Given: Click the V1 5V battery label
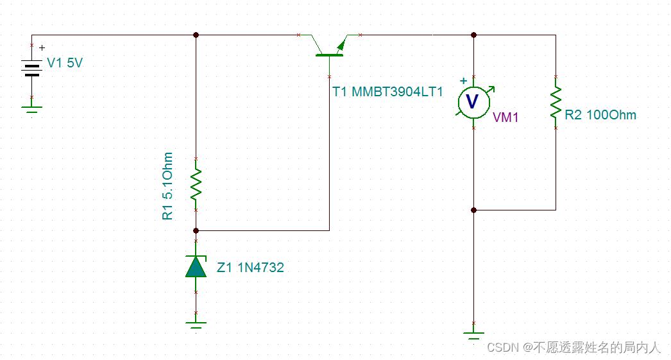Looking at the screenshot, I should pos(65,64).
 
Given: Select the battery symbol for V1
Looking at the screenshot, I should pos(31,68).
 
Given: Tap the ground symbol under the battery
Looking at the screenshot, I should pos(31,110).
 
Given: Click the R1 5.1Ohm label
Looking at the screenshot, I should pos(168,186).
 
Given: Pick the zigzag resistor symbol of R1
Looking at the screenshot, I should pos(196,184).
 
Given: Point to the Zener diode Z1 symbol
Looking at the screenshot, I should pos(196,266).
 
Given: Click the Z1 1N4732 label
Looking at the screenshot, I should pos(250,268).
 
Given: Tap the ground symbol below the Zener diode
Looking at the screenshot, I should pos(196,325).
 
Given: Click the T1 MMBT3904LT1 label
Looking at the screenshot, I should pos(387,92).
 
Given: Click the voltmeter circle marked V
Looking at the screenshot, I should pos(473,101).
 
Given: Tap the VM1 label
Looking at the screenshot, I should pos(505,117).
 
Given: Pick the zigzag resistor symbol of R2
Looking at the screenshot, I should pos(556,102).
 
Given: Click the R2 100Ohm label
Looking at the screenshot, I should pos(600,115).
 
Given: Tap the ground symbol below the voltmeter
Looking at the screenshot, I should pos(473,334).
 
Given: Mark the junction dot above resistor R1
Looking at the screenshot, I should pos(196,35).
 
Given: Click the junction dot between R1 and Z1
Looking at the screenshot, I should pos(196,230).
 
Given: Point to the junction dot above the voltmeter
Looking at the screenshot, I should pos(473,35).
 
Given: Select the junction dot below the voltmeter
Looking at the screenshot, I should pos(473,210).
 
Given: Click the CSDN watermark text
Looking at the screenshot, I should pos(573,347).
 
